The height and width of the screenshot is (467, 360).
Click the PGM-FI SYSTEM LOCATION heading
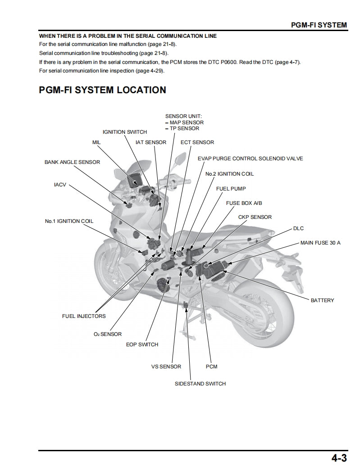coord(102,90)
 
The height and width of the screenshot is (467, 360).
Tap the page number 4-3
coord(339,458)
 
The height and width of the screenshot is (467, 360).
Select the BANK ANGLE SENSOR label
coord(72,162)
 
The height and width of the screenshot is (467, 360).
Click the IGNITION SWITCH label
coord(125,132)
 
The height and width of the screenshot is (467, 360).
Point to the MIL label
coord(96,142)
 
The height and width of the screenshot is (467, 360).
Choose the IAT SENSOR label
coord(151,142)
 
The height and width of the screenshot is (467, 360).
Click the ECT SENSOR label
coord(197,142)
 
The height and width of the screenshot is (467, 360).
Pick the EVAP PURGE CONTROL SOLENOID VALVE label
coord(250,159)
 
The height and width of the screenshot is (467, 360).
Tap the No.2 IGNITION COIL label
coord(229,174)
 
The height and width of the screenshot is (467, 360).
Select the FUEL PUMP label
coord(231,189)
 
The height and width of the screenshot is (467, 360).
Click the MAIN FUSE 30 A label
coord(320,243)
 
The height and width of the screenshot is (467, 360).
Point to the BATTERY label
coord(322,300)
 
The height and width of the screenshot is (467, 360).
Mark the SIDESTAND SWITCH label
coord(200,384)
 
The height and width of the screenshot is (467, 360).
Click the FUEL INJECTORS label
coord(84,316)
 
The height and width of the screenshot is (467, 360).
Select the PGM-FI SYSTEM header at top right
coord(319,25)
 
